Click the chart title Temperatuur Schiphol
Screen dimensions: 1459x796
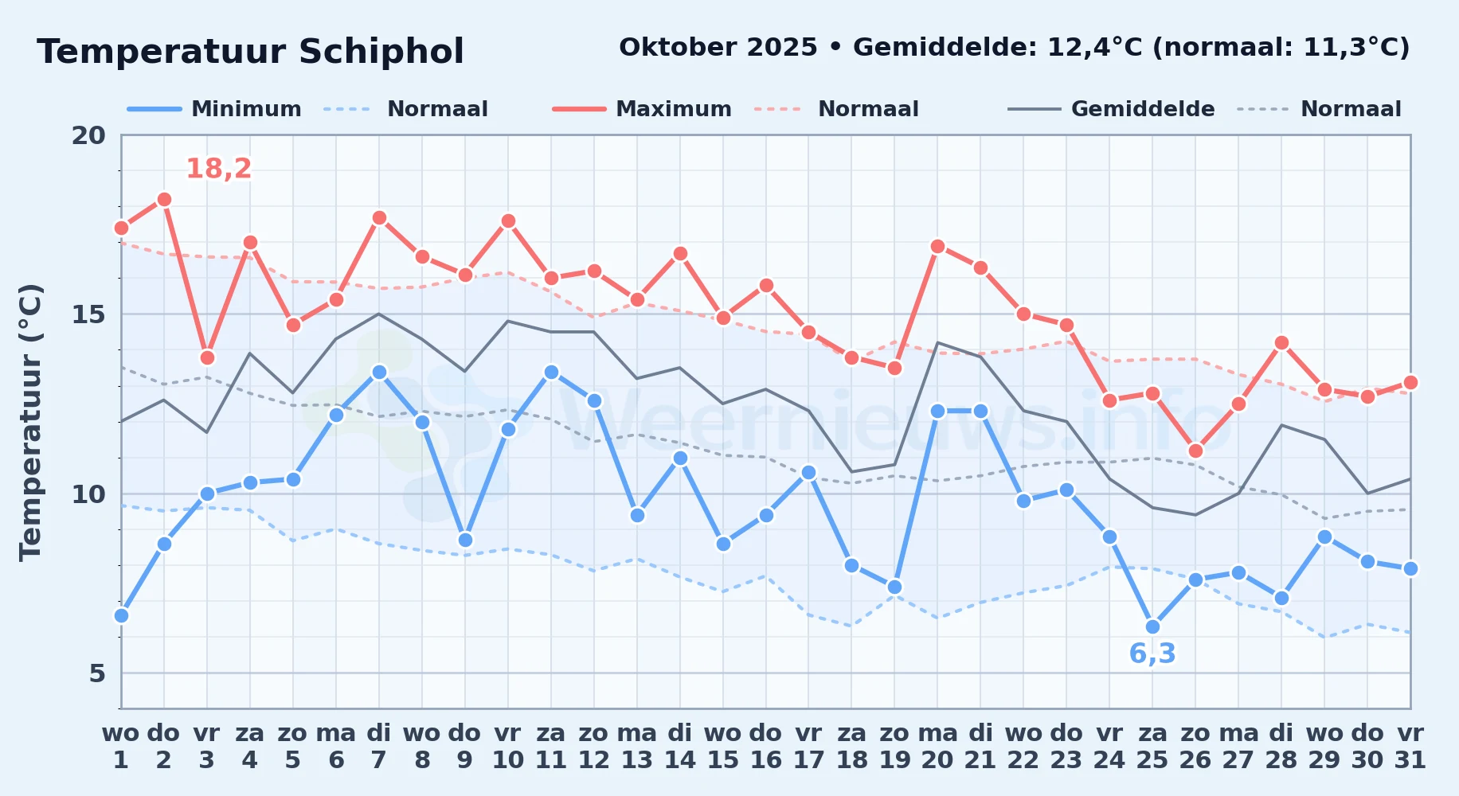coord(250,52)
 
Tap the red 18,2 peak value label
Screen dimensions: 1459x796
coord(219,169)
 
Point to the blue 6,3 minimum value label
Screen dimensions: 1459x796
coord(1152,654)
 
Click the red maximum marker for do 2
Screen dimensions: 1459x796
coord(164,199)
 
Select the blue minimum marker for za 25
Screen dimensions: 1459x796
coord(1152,626)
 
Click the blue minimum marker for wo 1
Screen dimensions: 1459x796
coord(121,615)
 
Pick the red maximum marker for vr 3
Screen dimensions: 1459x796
coord(207,357)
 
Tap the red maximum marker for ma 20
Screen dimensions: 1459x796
coord(937,246)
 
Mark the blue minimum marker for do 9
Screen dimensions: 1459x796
coord(465,540)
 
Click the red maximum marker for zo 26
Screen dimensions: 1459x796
coord(1195,451)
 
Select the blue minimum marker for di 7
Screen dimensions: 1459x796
coord(379,372)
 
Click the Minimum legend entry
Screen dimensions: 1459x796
coord(214,109)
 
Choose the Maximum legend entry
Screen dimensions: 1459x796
coord(642,109)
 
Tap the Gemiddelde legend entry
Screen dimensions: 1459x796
coord(1112,109)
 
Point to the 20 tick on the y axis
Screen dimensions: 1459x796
coord(88,135)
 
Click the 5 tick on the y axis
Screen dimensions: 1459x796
coord(97,673)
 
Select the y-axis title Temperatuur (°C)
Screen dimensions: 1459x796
coord(30,422)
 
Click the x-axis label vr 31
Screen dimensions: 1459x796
coord(1410,746)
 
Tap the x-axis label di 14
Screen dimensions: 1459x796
coord(680,746)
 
